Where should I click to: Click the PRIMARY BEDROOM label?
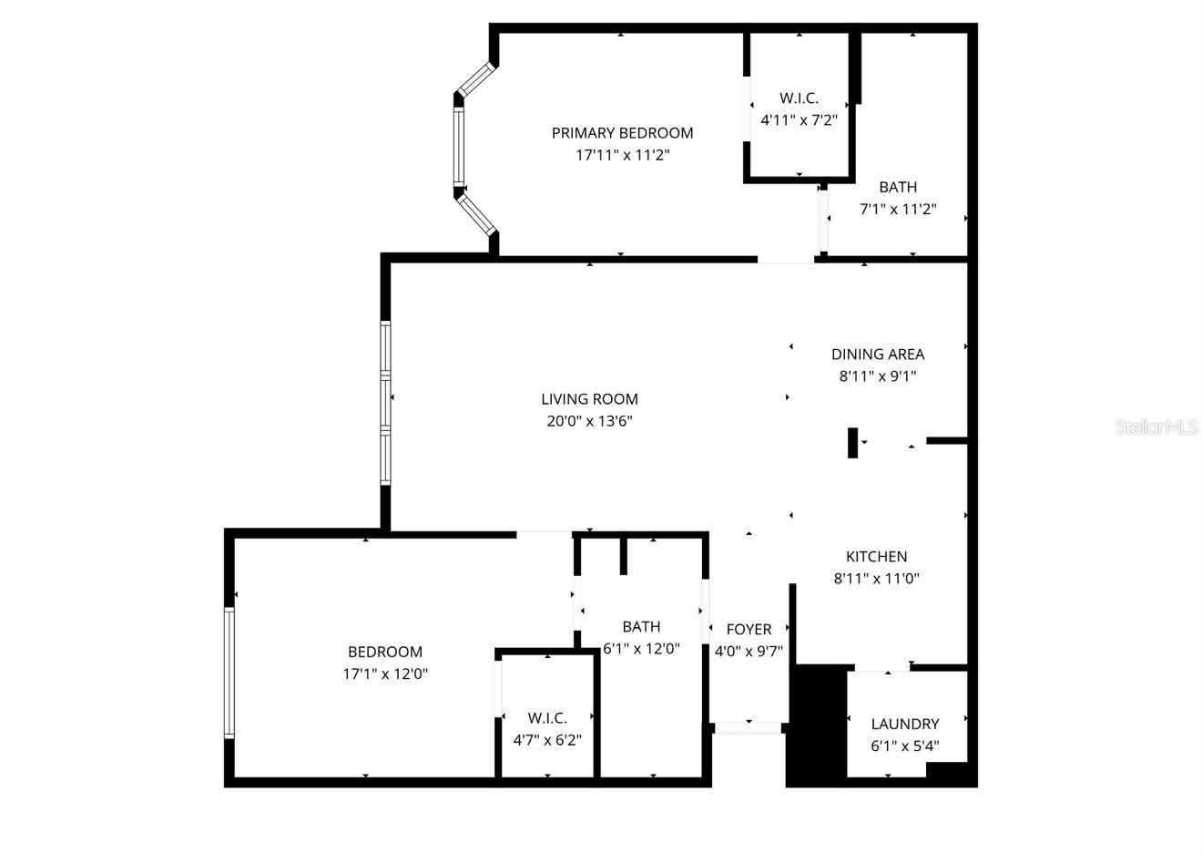[622, 133]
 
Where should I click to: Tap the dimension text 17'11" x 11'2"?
[622, 155]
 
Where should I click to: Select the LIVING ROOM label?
[589, 399]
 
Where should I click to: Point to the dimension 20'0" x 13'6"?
[589, 421]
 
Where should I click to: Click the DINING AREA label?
[877, 355]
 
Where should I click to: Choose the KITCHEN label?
[876, 557]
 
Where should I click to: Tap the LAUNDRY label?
[904, 725]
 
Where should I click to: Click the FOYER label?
[749, 630]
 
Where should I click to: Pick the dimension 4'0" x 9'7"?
[749, 652]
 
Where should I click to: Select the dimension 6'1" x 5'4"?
[904, 746]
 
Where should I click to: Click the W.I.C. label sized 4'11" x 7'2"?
[799, 98]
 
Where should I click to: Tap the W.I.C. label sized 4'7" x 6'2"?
[547, 718]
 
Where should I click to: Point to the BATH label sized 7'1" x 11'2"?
[898, 188]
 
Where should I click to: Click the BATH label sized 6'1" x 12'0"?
[641, 627]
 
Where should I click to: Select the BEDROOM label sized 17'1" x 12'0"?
[385, 653]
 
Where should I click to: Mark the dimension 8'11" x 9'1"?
[877, 376]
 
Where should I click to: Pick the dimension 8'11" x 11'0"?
[876, 578]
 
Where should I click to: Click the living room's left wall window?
[385, 402]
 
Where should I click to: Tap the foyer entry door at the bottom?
[749, 727]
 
